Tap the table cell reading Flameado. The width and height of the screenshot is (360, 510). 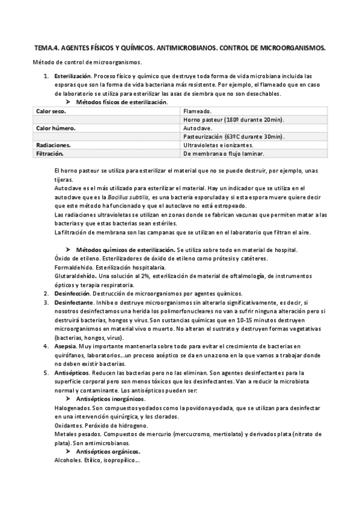tap(197, 111)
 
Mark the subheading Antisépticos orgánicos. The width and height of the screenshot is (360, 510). tap(109, 451)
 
